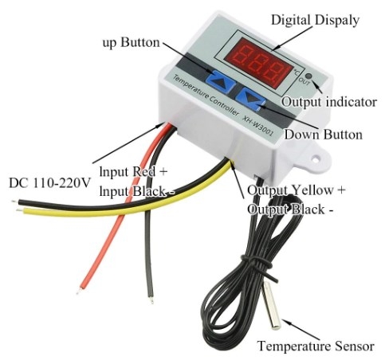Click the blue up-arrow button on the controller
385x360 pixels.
(x=220, y=80)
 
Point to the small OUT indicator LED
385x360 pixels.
(x=309, y=76)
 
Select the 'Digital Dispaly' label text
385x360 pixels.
(x=315, y=20)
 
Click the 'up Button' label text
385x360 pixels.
(x=132, y=43)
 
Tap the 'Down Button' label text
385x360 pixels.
(x=324, y=134)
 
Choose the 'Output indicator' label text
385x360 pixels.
(x=329, y=102)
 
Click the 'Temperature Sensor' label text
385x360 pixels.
(x=316, y=346)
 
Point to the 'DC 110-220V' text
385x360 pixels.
(x=49, y=183)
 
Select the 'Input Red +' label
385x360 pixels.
(x=134, y=171)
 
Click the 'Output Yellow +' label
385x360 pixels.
(x=297, y=190)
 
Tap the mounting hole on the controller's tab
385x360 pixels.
(x=316, y=159)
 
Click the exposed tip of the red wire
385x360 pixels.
(x=78, y=292)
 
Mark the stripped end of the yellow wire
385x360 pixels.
(x=19, y=210)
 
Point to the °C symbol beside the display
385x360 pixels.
(x=297, y=71)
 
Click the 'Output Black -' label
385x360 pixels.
(x=290, y=209)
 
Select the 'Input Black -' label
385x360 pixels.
(x=137, y=191)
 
